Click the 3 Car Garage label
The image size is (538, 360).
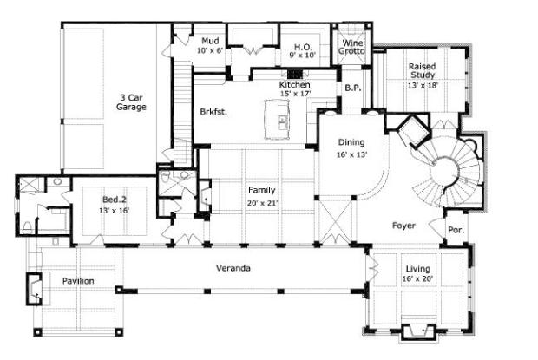pos(131,102)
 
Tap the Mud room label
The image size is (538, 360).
pos(210,41)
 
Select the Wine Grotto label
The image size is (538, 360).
pos(352,47)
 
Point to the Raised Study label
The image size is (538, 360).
pos(423,70)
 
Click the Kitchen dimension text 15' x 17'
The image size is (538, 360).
pos(295,94)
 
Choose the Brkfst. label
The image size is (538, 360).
pos(213,112)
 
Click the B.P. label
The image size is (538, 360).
pos(353,88)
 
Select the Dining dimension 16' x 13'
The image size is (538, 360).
pos(351,154)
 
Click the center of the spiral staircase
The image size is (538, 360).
pos(445,170)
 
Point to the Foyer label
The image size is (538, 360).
pos(403,226)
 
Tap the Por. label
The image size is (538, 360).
pos(456,231)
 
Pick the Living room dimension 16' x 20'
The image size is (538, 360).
pos(417,279)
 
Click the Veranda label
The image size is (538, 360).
pos(233,268)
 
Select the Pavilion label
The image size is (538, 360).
pos(78,281)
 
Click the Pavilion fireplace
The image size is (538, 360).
pos(35,289)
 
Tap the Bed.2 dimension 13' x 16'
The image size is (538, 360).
pos(115,211)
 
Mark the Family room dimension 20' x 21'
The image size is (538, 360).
pos(262,203)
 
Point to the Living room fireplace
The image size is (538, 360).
pos(418,332)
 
